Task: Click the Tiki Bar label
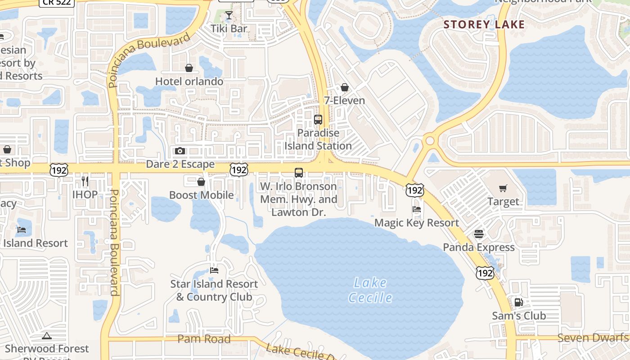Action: pyautogui.click(x=229, y=29)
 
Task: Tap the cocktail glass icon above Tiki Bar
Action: pyautogui.click(x=229, y=16)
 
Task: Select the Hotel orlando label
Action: pyautogui.click(x=189, y=81)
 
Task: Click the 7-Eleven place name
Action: pyautogui.click(x=345, y=100)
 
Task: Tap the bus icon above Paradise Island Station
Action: pyautogui.click(x=318, y=120)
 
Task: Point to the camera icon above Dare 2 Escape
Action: pyautogui.click(x=180, y=151)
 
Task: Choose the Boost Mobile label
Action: pyautogui.click(x=201, y=195)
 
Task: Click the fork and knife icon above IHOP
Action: pyautogui.click(x=85, y=181)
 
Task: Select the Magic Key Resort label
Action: pyautogui.click(x=417, y=223)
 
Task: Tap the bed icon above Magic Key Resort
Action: pyautogui.click(x=417, y=209)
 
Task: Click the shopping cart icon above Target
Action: pyautogui.click(x=503, y=189)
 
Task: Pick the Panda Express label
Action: pyautogui.click(x=479, y=247)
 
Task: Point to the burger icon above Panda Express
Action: pyautogui.click(x=479, y=234)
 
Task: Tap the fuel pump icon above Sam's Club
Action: pyautogui.click(x=519, y=302)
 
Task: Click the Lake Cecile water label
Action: pyautogui.click(x=370, y=290)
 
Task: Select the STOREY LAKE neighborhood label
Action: pyautogui.click(x=484, y=24)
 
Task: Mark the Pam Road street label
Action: pyautogui.click(x=204, y=339)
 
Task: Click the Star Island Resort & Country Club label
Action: pyautogui.click(x=214, y=290)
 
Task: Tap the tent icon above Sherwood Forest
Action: pyautogui.click(x=47, y=336)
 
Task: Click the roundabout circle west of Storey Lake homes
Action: pyautogui.click(x=430, y=141)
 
